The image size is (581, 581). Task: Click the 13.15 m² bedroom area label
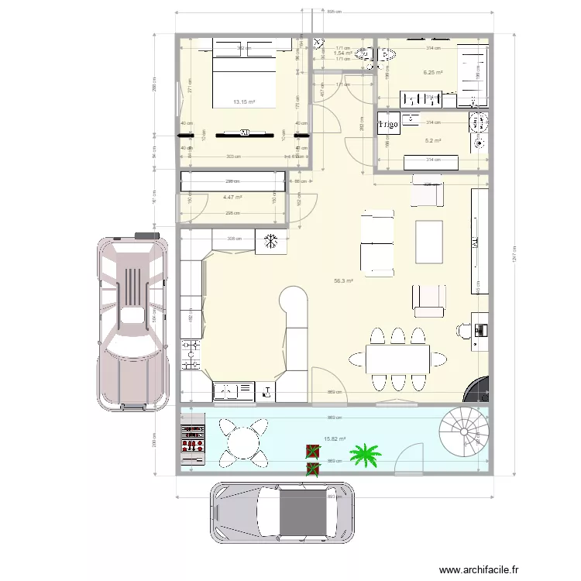click(x=244, y=101)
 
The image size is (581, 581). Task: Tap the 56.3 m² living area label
click(x=343, y=281)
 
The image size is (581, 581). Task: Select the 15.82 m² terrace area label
click(x=335, y=439)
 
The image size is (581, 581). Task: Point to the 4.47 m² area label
click(x=232, y=198)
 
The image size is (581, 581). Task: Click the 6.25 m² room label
click(x=432, y=73)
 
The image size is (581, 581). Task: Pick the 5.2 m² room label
click(x=432, y=141)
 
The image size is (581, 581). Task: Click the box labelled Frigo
click(x=388, y=124)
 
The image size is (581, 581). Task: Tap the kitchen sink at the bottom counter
click(x=229, y=392)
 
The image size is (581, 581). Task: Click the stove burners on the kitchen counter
click(x=191, y=354)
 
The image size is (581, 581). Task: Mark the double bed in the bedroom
click(x=244, y=76)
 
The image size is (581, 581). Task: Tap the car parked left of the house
click(x=132, y=318)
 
